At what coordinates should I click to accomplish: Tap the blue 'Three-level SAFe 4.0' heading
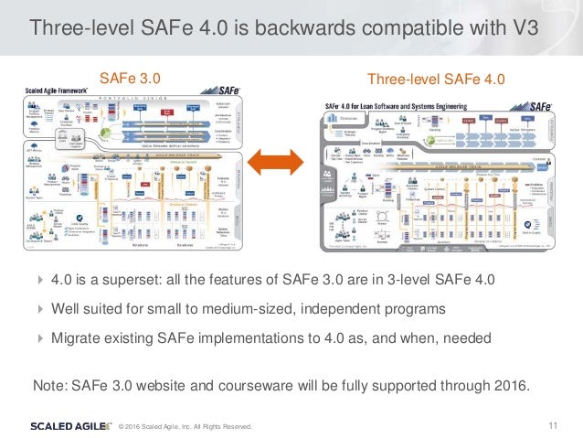(x=435, y=80)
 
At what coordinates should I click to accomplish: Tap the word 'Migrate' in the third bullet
(x=81, y=337)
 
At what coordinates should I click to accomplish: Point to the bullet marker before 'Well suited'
(x=38, y=309)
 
